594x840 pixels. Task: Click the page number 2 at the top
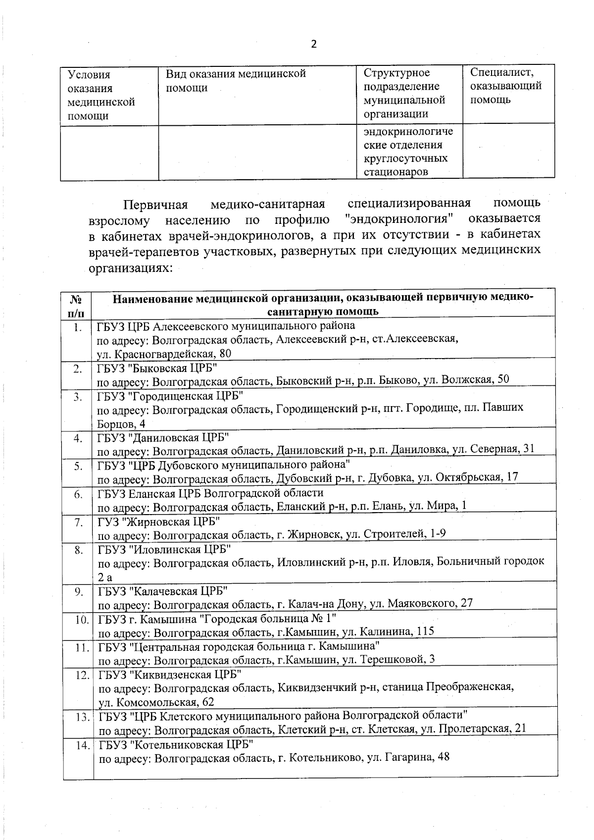coord(313,44)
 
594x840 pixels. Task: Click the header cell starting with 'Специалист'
coord(505,86)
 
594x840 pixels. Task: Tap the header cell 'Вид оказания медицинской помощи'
coord(236,81)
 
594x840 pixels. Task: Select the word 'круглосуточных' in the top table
coord(405,158)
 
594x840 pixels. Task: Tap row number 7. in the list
coord(78,522)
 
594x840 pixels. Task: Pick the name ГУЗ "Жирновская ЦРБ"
coord(158,522)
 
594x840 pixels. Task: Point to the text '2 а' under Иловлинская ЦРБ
coord(105,577)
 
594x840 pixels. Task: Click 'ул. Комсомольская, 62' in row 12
coord(156,702)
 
